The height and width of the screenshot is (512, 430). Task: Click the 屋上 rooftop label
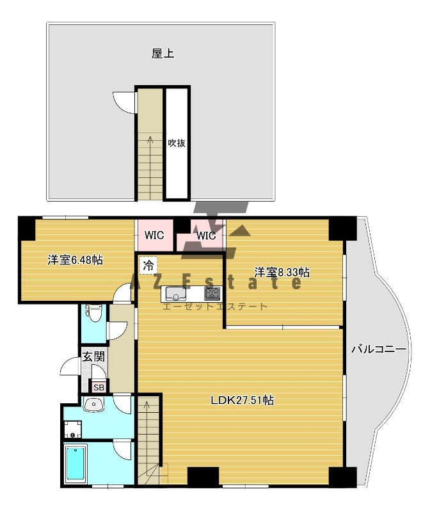click(x=163, y=54)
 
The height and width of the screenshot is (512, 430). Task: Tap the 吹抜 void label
click(x=177, y=143)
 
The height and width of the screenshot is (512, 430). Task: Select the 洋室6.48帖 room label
click(x=75, y=260)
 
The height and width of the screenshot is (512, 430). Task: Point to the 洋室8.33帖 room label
click(x=282, y=272)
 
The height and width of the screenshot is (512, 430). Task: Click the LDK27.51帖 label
click(x=242, y=400)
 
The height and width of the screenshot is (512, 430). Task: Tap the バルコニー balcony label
click(x=379, y=349)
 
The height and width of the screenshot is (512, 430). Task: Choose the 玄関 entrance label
click(x=93, y=356)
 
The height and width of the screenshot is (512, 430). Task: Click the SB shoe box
click(x=99, y=387)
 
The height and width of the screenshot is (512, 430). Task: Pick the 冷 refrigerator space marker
click(x=148, y=265)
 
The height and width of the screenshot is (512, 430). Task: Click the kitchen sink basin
click(x=176, y=294)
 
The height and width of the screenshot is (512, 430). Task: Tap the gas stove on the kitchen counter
click(x=212, y=294)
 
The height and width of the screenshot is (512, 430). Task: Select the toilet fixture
click(x=93, y=313)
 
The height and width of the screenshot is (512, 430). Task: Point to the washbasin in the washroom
click(x=93, y=405)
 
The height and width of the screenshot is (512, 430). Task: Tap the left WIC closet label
click(x=154, y=235)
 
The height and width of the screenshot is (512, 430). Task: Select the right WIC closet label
click(x=206, y=236)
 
